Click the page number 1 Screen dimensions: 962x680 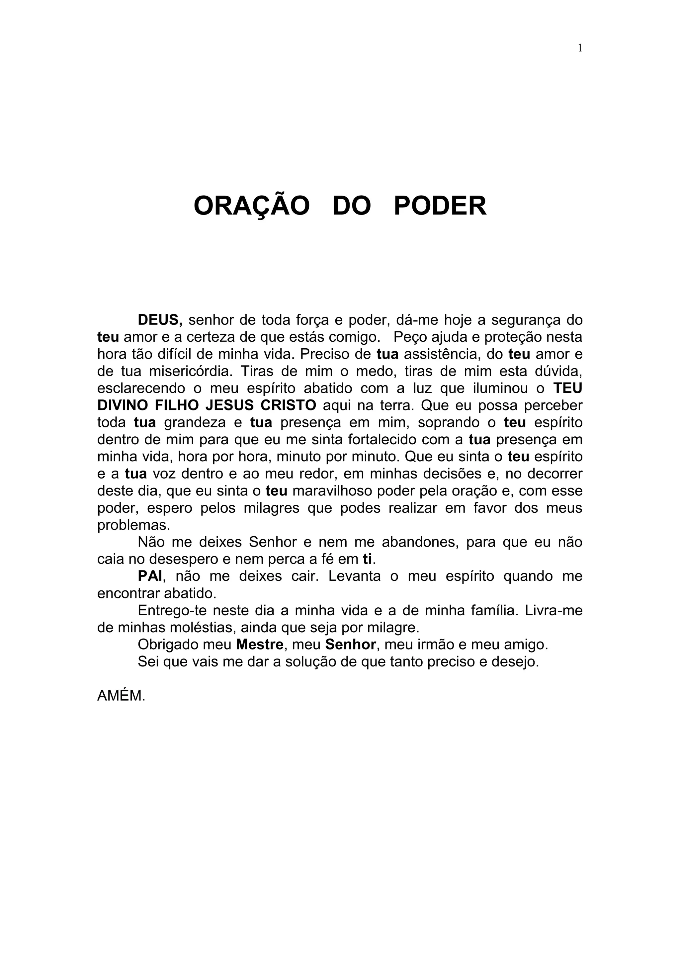coord(580,48)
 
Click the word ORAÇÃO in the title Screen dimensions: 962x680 coord(251,206)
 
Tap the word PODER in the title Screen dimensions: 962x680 coord(440,206)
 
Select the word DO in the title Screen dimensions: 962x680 coord(352,206)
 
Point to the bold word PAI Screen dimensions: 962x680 coord(149,576)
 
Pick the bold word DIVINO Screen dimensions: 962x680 coord(122,405)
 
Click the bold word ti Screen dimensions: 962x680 coord(368,559)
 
